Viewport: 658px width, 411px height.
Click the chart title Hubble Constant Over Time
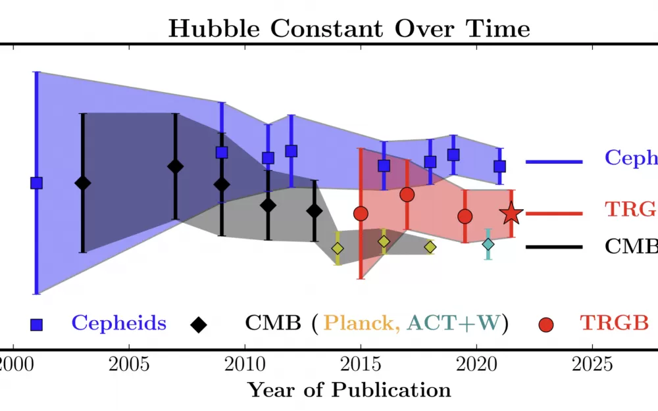click(x=349, y=29)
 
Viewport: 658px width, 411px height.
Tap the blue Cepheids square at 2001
click(x=37, y=183)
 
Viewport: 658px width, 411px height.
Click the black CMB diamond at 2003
click(x=82, y=183)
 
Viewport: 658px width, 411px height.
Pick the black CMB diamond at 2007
click(x=175, y=166)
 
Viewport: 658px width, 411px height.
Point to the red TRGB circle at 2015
click(x=360, y=213)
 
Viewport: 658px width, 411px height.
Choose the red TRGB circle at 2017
click(x=407, y=194)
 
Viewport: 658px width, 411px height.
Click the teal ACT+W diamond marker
click(x=488, y=244)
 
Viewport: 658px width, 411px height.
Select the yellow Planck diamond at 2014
click(x=338, y=248)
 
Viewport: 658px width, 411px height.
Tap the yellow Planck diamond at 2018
click(x=430, y=247)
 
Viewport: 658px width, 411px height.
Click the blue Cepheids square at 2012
click(x=291, y=151)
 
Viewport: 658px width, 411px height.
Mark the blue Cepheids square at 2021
click(x=499, y=166)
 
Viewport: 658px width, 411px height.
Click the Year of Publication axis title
click(x=349, y=390)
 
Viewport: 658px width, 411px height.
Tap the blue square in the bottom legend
click(x=37, y=324)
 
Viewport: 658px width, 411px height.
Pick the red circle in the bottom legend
click(x=546, y=324)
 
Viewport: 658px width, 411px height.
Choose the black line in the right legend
click(x=554, y=247)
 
